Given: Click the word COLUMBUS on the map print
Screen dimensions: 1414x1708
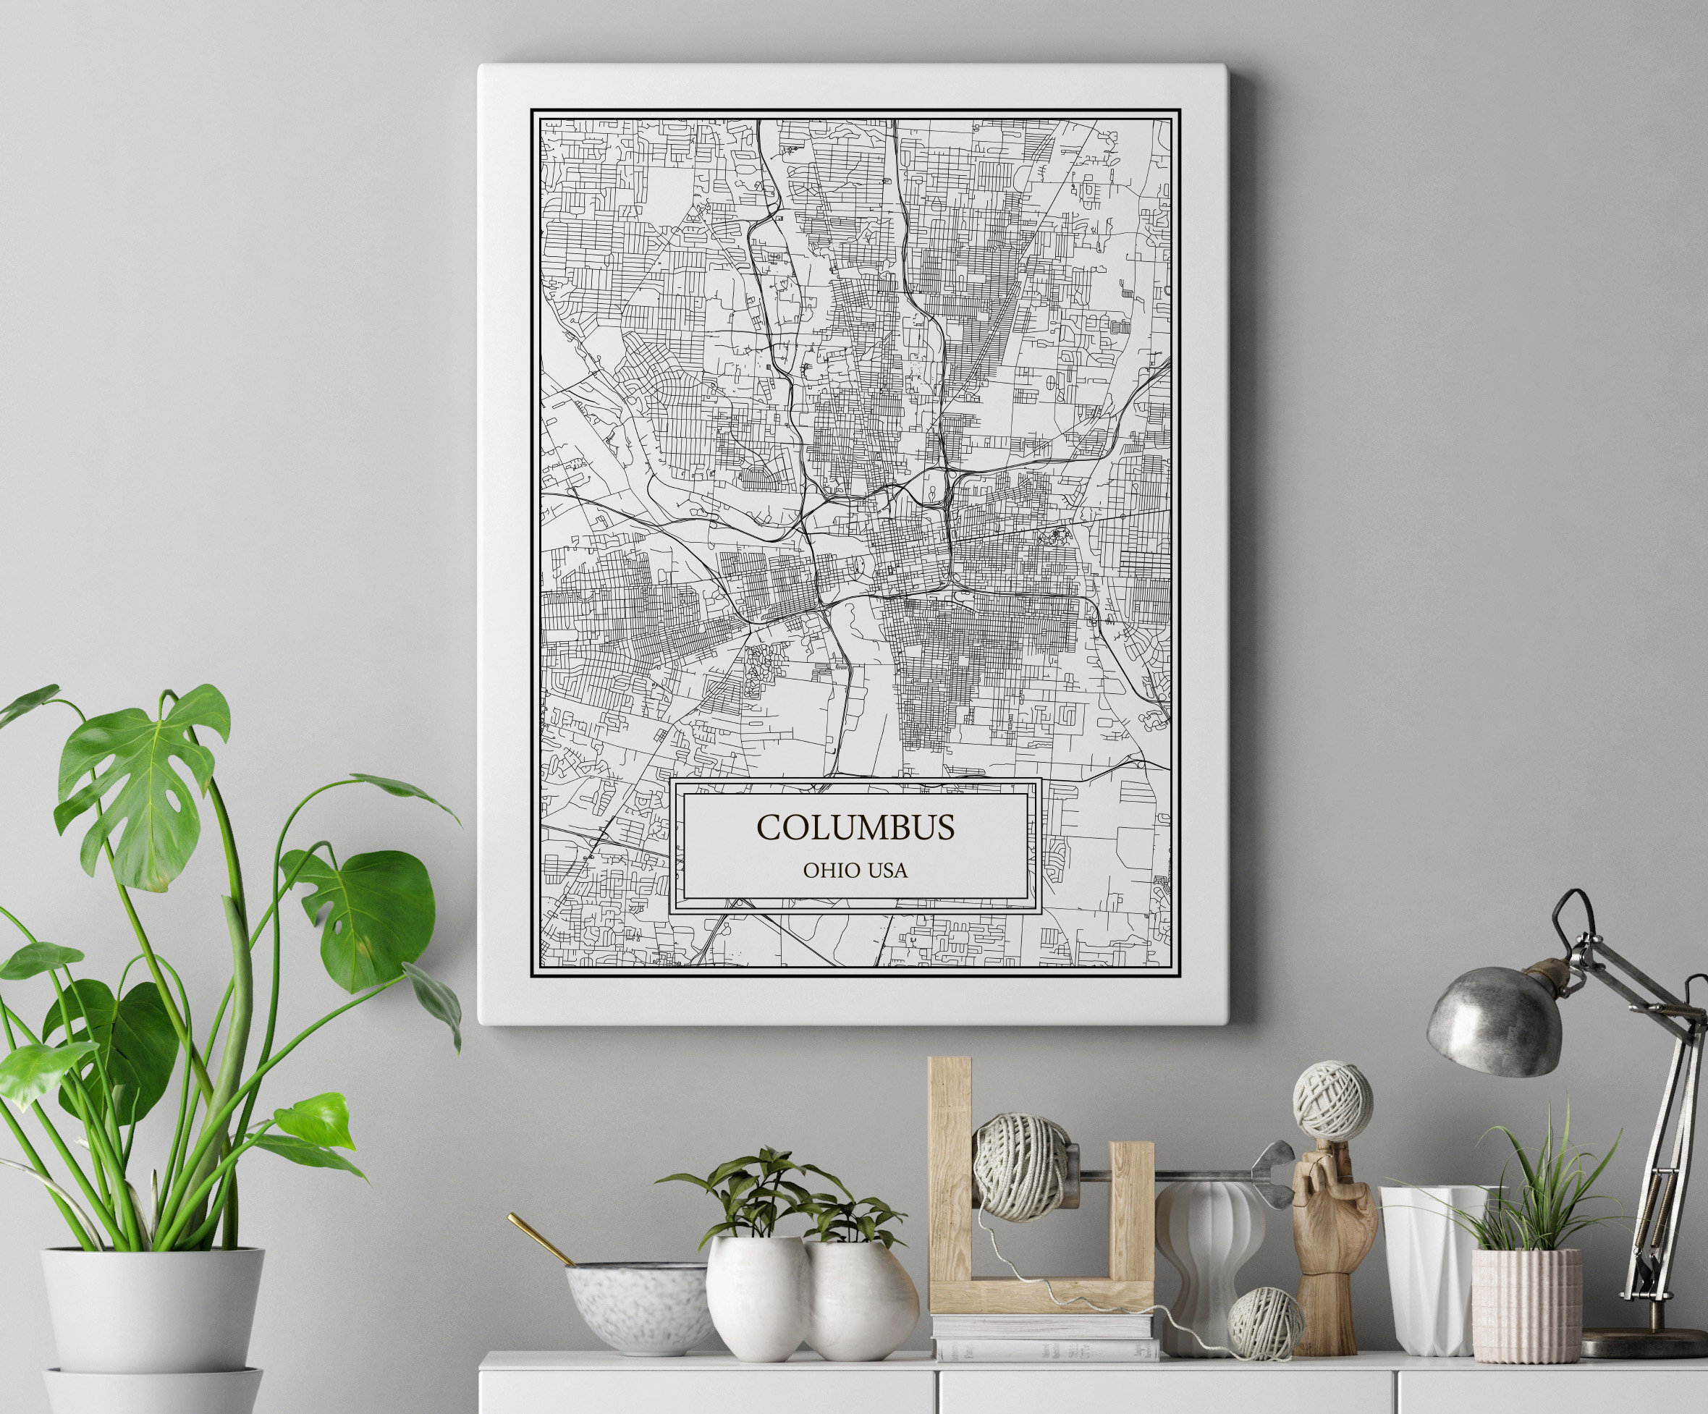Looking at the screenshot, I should click(855, 828).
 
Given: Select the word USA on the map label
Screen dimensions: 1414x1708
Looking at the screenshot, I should click(887, 871).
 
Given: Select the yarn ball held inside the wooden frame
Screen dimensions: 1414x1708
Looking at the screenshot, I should click(1020, 1167).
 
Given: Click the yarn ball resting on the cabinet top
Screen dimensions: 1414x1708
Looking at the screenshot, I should click(1265, 1324).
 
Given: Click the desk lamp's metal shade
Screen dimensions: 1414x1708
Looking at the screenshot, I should click(1495, 1020).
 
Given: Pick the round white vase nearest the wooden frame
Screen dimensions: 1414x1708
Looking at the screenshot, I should click(861, 1301).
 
